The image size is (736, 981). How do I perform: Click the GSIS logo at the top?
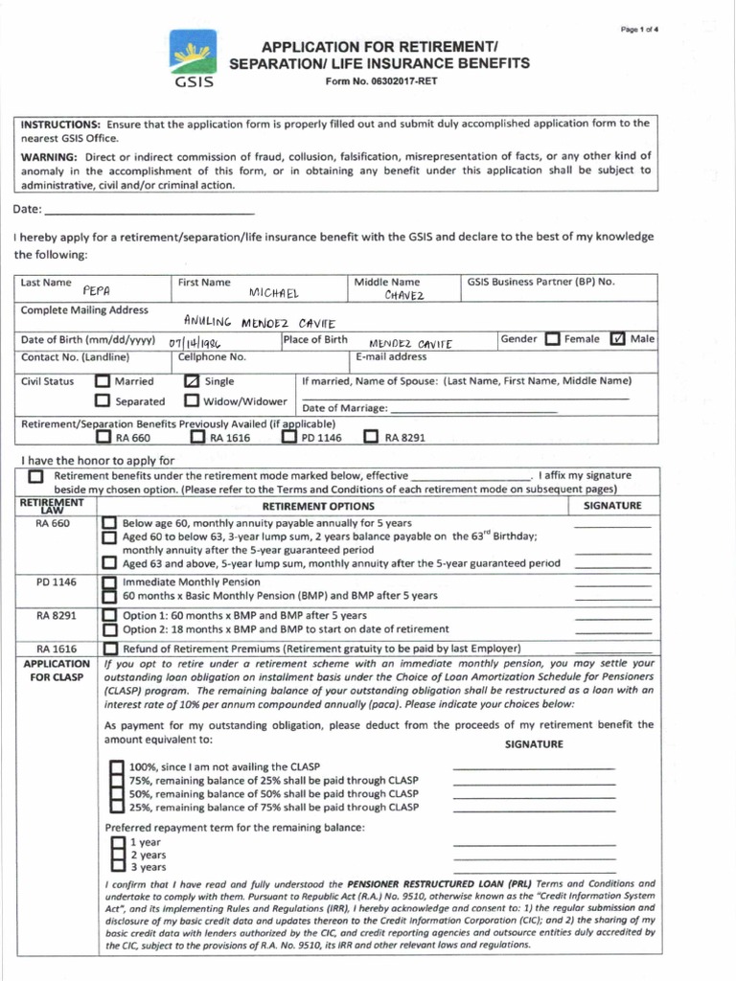(x=194, y=58)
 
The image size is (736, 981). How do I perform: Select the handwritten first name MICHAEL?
(x=274, y=292)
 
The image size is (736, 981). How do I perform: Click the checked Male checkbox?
(x=617, y=339)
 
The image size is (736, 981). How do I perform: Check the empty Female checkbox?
(x=552, y=339)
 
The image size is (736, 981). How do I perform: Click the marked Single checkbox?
(x=192, y=381)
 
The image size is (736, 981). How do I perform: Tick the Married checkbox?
(x=103, y=381)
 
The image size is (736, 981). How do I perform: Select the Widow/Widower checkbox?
(x=192, y=401)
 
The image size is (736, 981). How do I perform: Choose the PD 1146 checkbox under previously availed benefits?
(x=288, y=438)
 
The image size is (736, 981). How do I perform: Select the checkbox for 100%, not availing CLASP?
(x=116, y=766)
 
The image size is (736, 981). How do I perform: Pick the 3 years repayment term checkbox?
(x=117, y=866)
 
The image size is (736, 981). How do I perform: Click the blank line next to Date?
(x=149, y=210)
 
